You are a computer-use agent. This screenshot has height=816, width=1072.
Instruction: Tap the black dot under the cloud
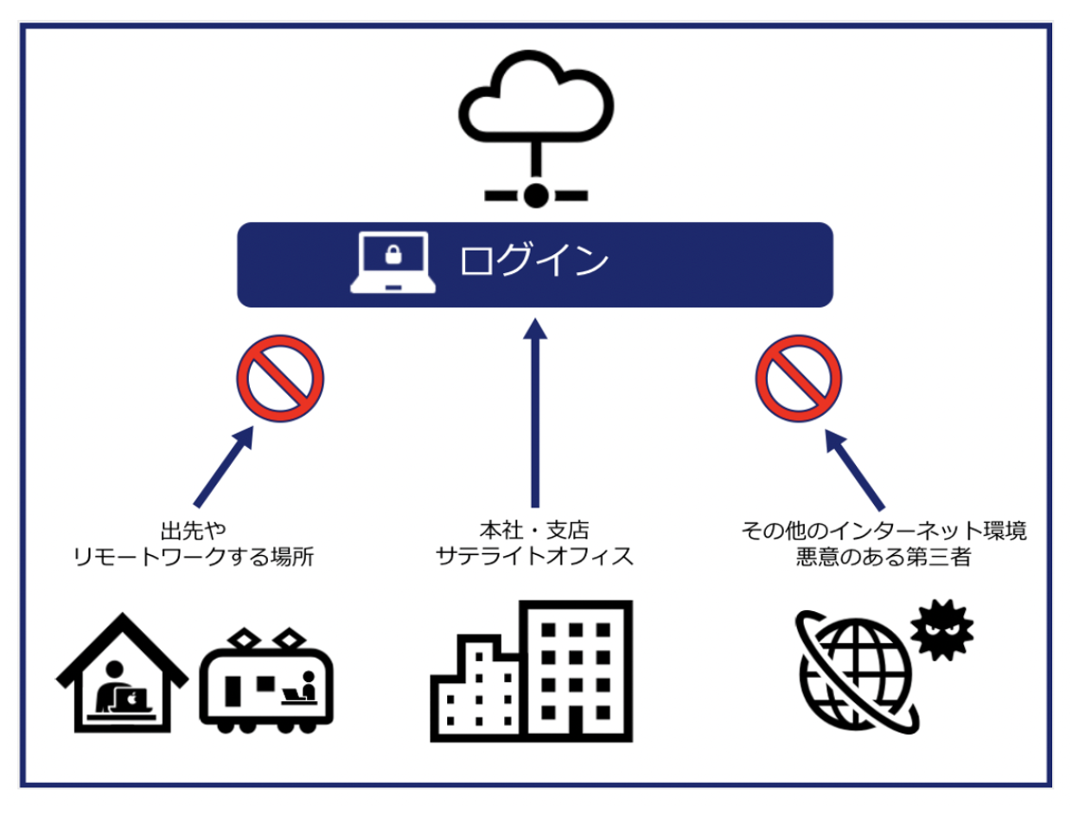pos(536,194)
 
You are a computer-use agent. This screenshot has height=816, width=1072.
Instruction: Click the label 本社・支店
pos(536,529)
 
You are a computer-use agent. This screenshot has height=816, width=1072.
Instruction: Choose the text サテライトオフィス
pos(536,556)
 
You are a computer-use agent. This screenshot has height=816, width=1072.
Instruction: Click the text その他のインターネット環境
pos(884,529)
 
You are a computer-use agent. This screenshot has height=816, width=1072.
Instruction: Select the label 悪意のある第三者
pos(884,557)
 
